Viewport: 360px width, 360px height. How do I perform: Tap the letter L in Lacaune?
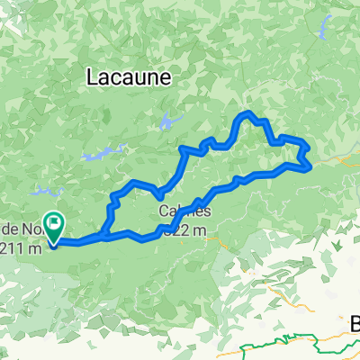tap(93, 78)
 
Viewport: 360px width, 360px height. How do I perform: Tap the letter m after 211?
tap(36, 249)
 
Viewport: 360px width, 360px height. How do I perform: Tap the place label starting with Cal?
tap(185, 212)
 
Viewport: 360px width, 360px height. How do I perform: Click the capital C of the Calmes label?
tap(166, 212)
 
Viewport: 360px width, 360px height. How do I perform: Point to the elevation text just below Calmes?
tap(192, 230)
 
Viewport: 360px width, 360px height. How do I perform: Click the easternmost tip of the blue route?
tap(311, 165)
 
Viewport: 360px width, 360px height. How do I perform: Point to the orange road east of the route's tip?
tap(337, 159)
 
